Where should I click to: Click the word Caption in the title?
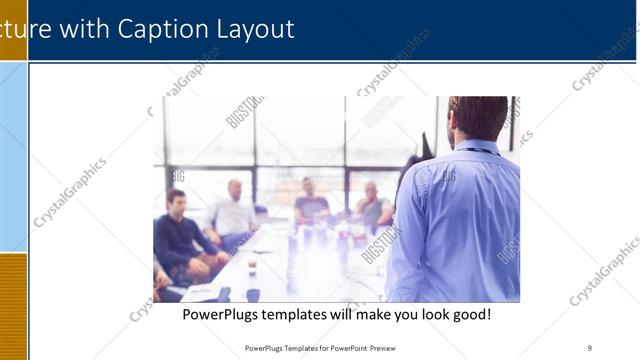click(x=164, y=29)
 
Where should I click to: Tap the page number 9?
click(x=590, y=348)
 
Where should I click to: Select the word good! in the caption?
click(x=469, y=314)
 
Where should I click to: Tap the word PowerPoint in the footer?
click(x=347, y=348)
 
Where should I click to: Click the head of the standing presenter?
click(x=477, y=118)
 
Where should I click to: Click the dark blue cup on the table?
click(x=253, y=294)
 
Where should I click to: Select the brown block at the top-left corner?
click(x=13, y=30)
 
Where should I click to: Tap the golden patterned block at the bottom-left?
click(x=13, y=305)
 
